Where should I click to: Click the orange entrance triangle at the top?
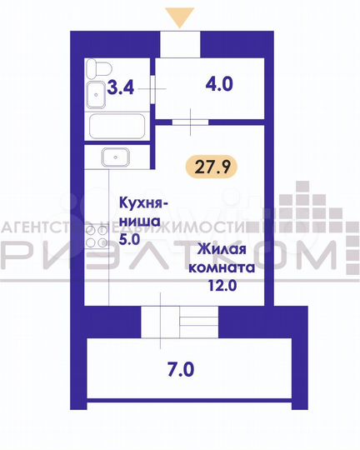point(180,16)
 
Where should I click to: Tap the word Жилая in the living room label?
point(221,247)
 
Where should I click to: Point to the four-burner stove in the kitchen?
point(97,240)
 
